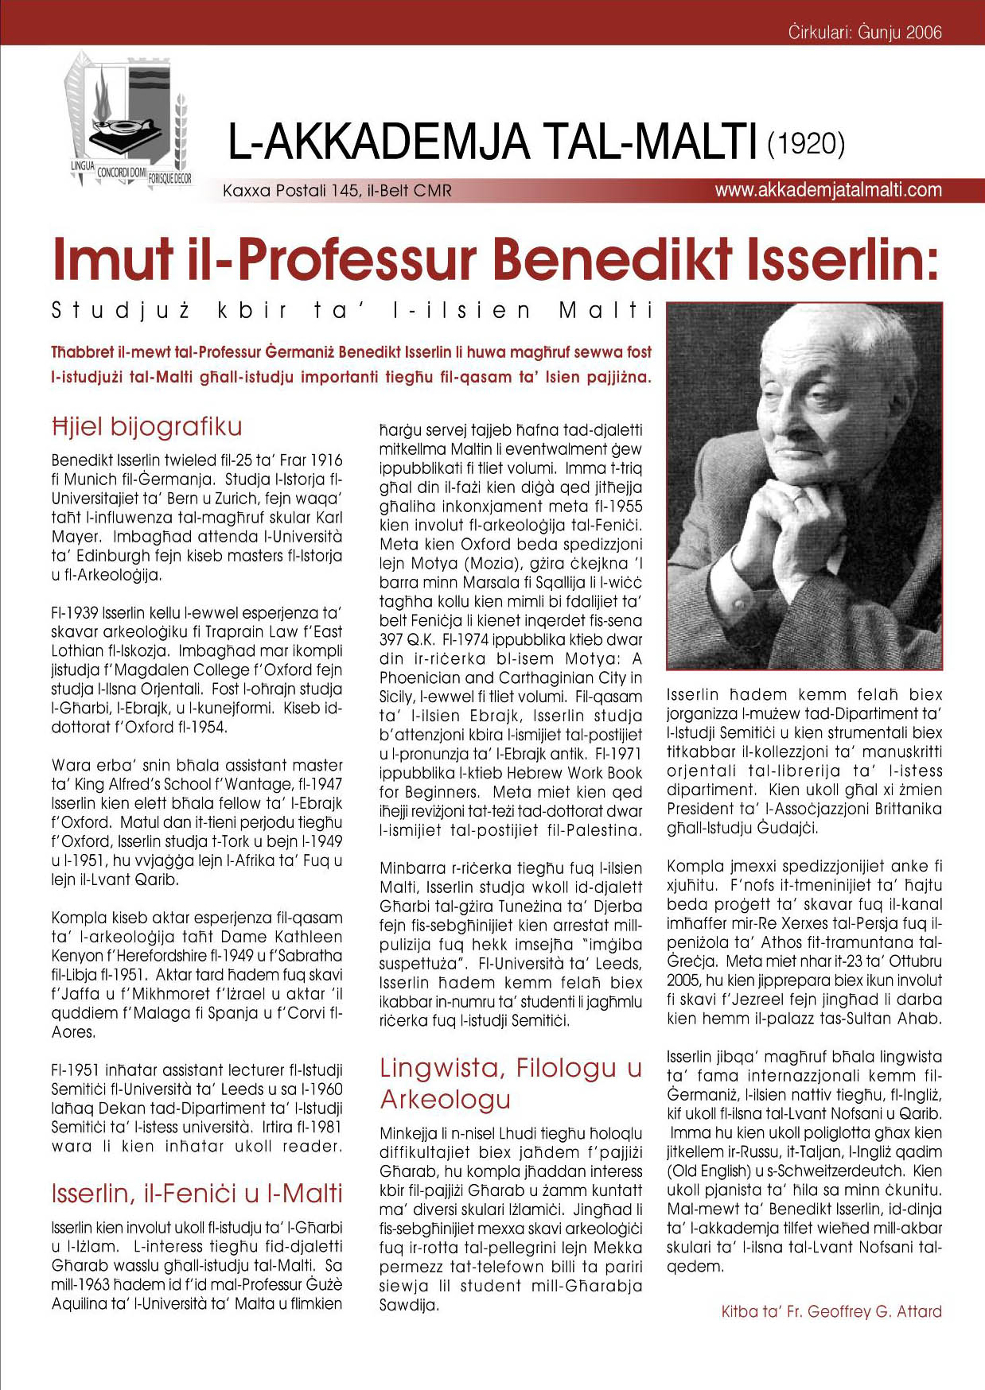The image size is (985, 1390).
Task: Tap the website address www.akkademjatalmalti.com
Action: pos(827,191)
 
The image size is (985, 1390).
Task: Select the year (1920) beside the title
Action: pos(805,145)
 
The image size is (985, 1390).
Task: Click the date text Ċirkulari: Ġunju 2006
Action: pos(864,33)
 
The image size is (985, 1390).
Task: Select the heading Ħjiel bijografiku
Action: pos(146,427)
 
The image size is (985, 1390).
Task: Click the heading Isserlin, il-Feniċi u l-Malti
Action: pos(197,1194)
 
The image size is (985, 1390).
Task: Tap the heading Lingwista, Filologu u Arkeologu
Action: pos(510,1083)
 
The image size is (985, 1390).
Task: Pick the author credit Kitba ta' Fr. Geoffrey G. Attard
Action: pos(831,1311)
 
